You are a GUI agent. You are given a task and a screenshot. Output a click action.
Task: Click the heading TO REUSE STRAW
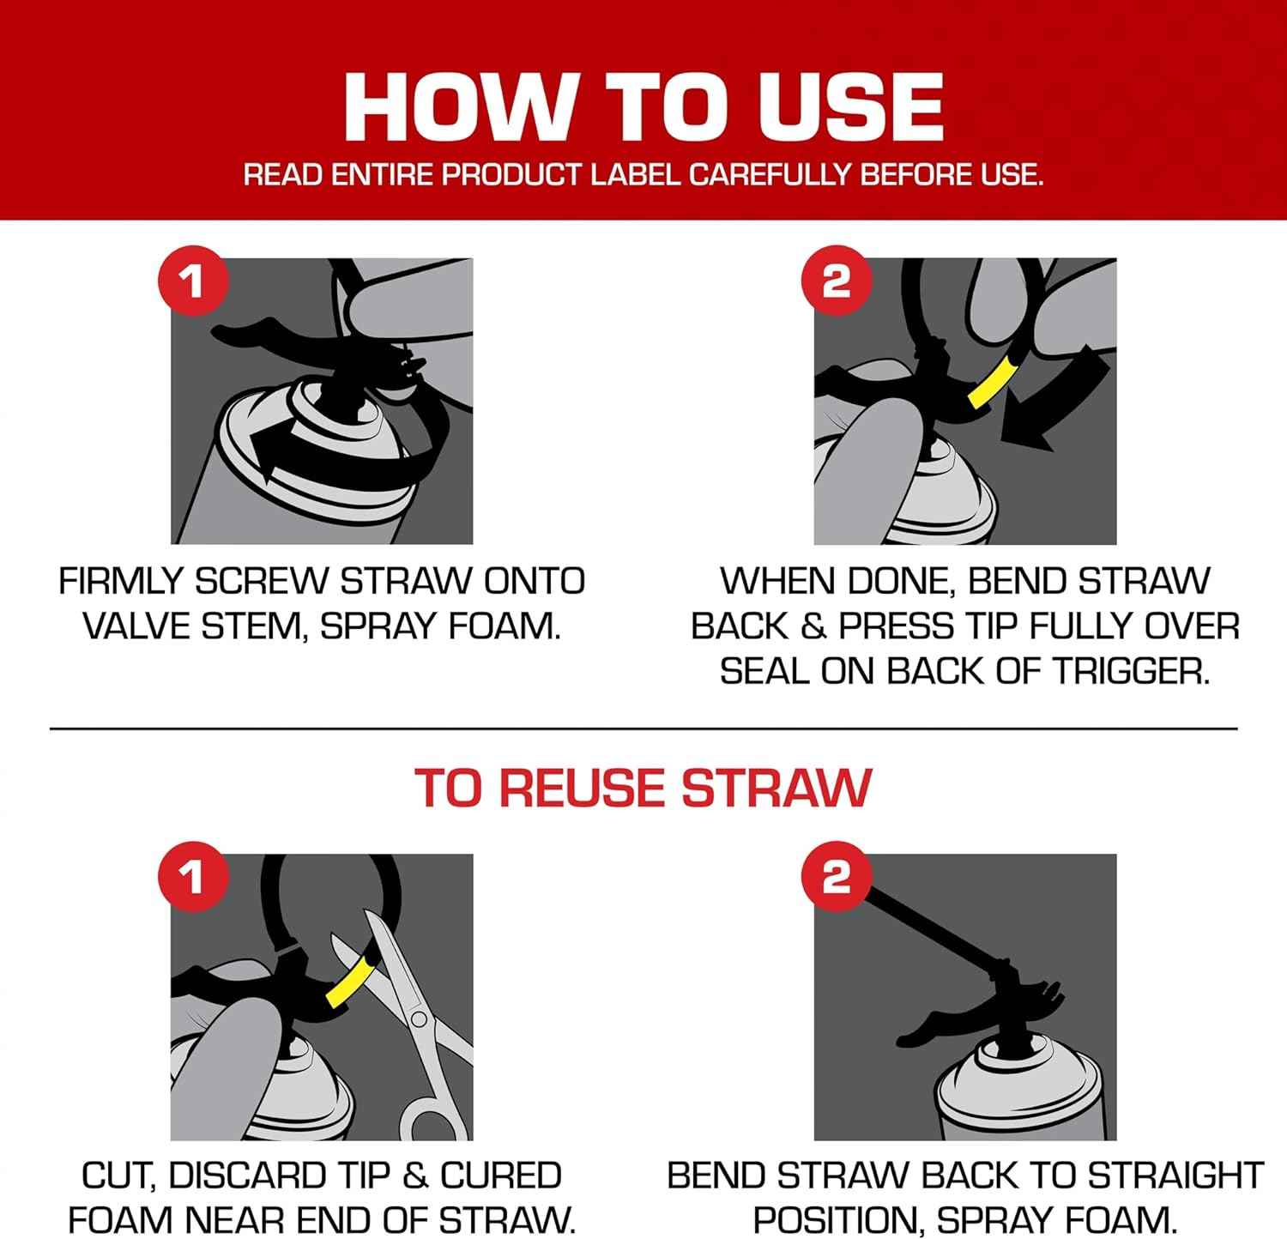point(643,788)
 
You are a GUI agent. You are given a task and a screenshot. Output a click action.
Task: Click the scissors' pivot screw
point(419,1018)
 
